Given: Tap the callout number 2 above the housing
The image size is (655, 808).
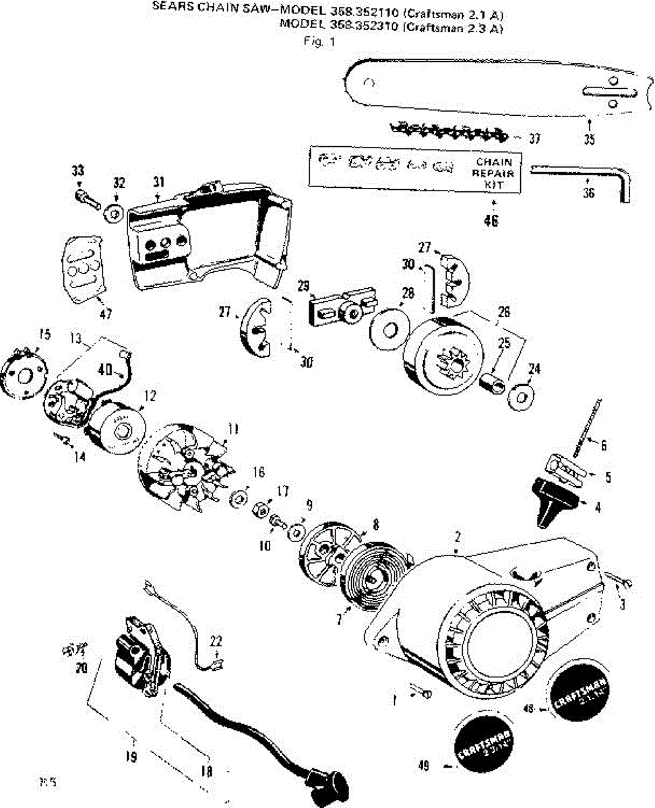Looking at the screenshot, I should (x=458, y=537).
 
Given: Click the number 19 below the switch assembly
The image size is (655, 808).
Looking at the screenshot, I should (x=131, y=757).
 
